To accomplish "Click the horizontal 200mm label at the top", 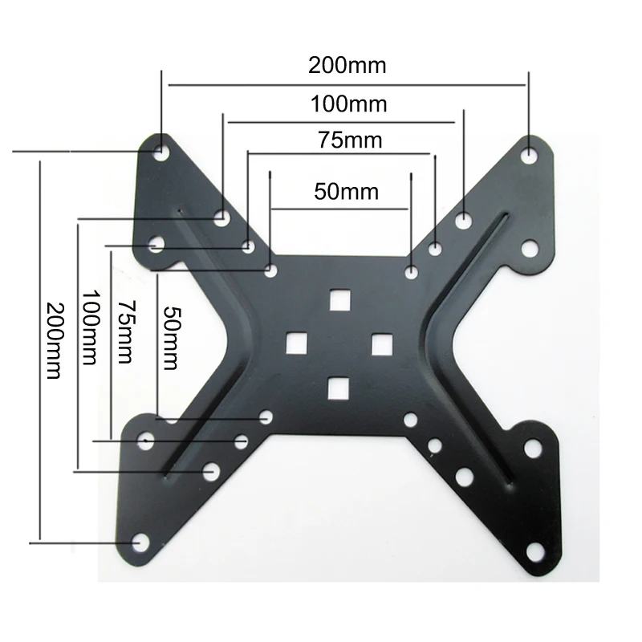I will (x=347, y=65).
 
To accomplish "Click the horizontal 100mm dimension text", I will (x=348, y=104).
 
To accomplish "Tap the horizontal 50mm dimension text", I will (x=346, y=192).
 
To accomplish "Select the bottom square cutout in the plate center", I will (x=339, y=388).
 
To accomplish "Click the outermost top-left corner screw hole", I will (x=162, y=150).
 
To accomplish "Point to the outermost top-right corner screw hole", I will (x=528, y=153).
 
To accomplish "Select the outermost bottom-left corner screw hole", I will (x=140, y=542).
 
